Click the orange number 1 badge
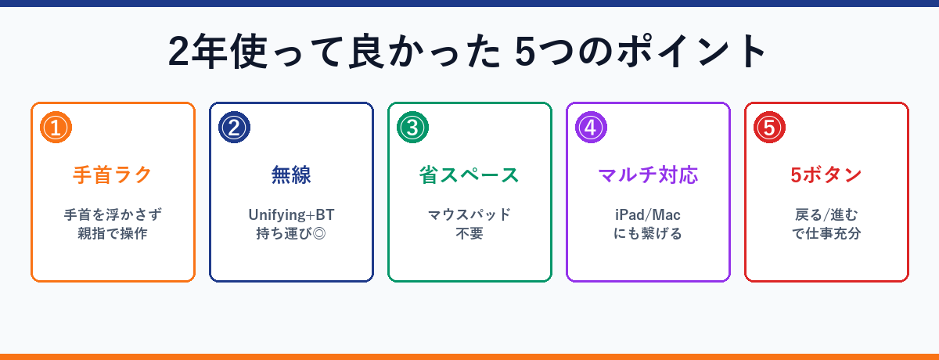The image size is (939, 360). tap(56, 128)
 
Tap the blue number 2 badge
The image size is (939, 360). tap(234, 128)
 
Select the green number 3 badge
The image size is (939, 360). tap(412, 128)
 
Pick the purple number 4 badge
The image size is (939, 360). tap(591, 128)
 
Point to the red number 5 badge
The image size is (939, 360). tap(769, 128)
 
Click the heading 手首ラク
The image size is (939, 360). tap(113, 175)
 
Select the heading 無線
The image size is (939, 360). tap(291, 175)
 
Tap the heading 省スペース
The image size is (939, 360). tap(469, 175)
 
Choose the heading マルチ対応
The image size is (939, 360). tap(648, 175)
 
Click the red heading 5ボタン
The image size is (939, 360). tap(826, 175)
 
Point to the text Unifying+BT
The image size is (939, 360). tap(291, 215)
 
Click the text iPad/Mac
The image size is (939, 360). tap(648, 215)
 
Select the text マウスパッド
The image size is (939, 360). tap(469, 215)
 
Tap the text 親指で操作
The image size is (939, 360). tap(113, 234)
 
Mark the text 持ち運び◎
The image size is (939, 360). tap(291, 234)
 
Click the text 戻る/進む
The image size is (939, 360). tap(826, 215)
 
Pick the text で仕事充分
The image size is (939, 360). tap(826, 234)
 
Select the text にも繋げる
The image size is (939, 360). tap(648, 234)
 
